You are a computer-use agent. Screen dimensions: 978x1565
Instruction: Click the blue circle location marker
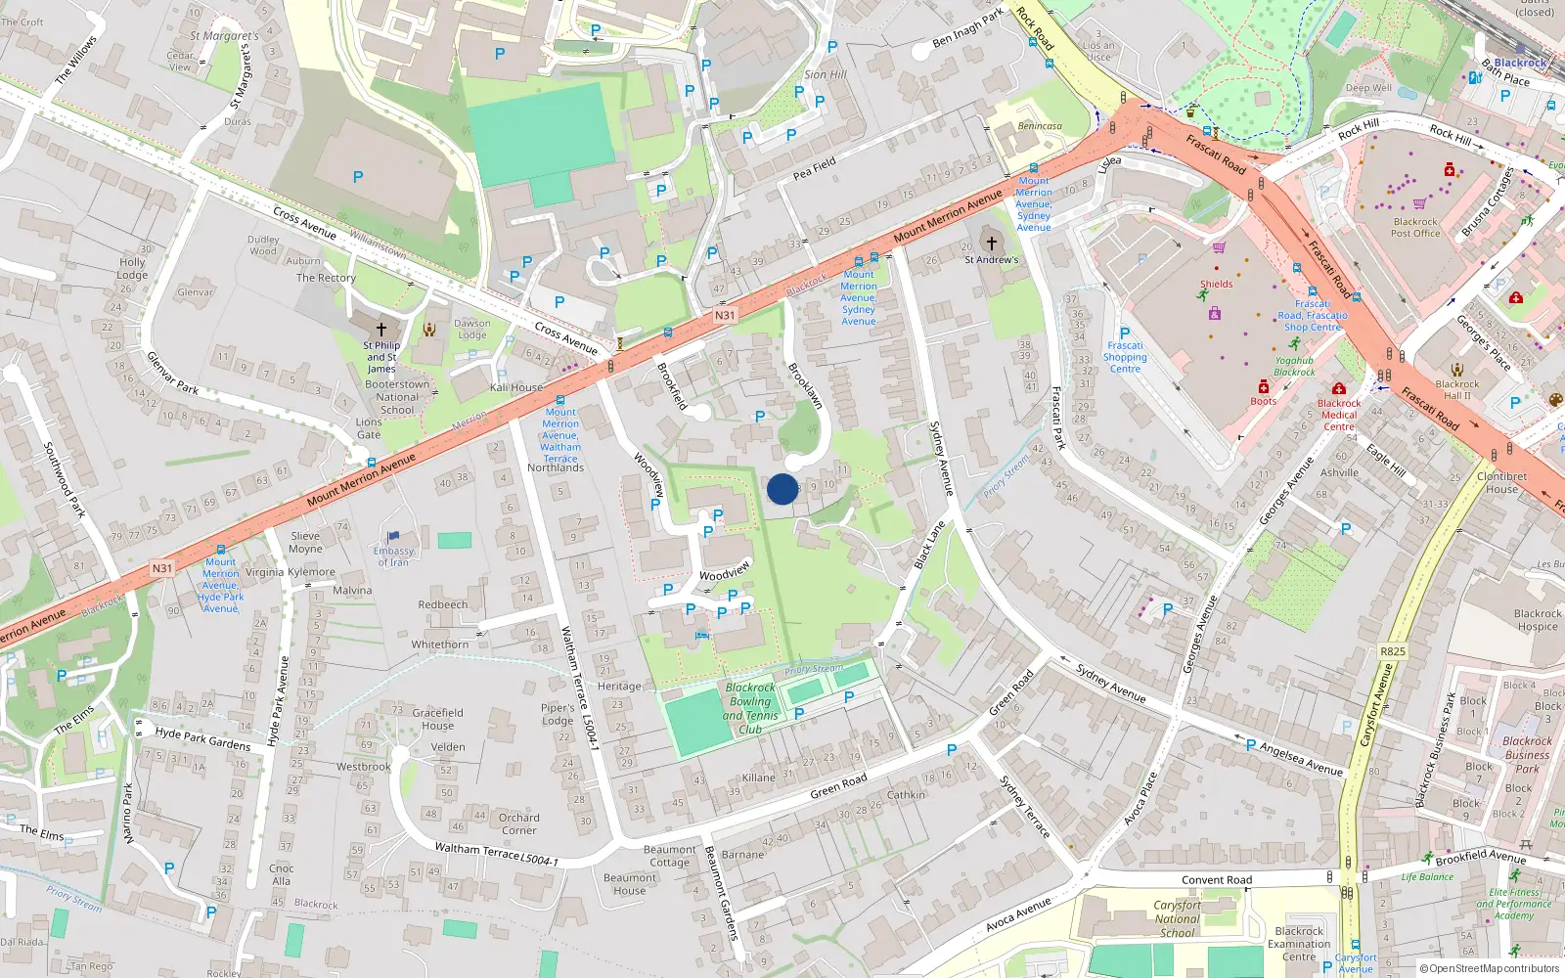coord(782,489)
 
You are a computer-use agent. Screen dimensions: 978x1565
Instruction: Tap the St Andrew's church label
coord(991,259)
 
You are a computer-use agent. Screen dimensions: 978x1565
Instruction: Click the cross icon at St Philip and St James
coord(381,330)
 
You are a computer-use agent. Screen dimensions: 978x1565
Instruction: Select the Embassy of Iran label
coord(393,556)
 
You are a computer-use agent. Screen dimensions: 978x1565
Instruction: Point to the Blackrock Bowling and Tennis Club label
coord(750,708)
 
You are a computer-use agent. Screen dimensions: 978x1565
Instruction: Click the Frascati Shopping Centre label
coord(1125,357)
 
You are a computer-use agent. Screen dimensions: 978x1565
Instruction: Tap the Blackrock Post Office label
coord(1415,227)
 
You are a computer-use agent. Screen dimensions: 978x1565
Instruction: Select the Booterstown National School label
coord(397,397)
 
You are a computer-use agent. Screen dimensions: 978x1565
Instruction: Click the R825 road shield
coord(1392,651)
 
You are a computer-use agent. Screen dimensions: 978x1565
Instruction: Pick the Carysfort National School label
coord(1177,918)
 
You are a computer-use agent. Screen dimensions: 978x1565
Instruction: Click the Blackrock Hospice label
coord(1537,620)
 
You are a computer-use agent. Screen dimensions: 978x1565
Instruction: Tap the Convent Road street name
coord(1216,879)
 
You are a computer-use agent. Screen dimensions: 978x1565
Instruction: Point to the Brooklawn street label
coord(805,384)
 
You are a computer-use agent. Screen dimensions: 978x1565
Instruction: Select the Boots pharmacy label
coord(1263,401)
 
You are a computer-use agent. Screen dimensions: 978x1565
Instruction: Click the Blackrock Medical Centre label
coord(1339,415)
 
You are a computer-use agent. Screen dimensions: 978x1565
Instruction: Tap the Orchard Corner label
coord(518,823)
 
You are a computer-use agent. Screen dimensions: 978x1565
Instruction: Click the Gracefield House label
coord(437,719)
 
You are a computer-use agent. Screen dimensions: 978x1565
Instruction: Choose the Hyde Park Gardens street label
coord(202,738)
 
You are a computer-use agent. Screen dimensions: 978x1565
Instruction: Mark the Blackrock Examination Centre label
coord(1299,944)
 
